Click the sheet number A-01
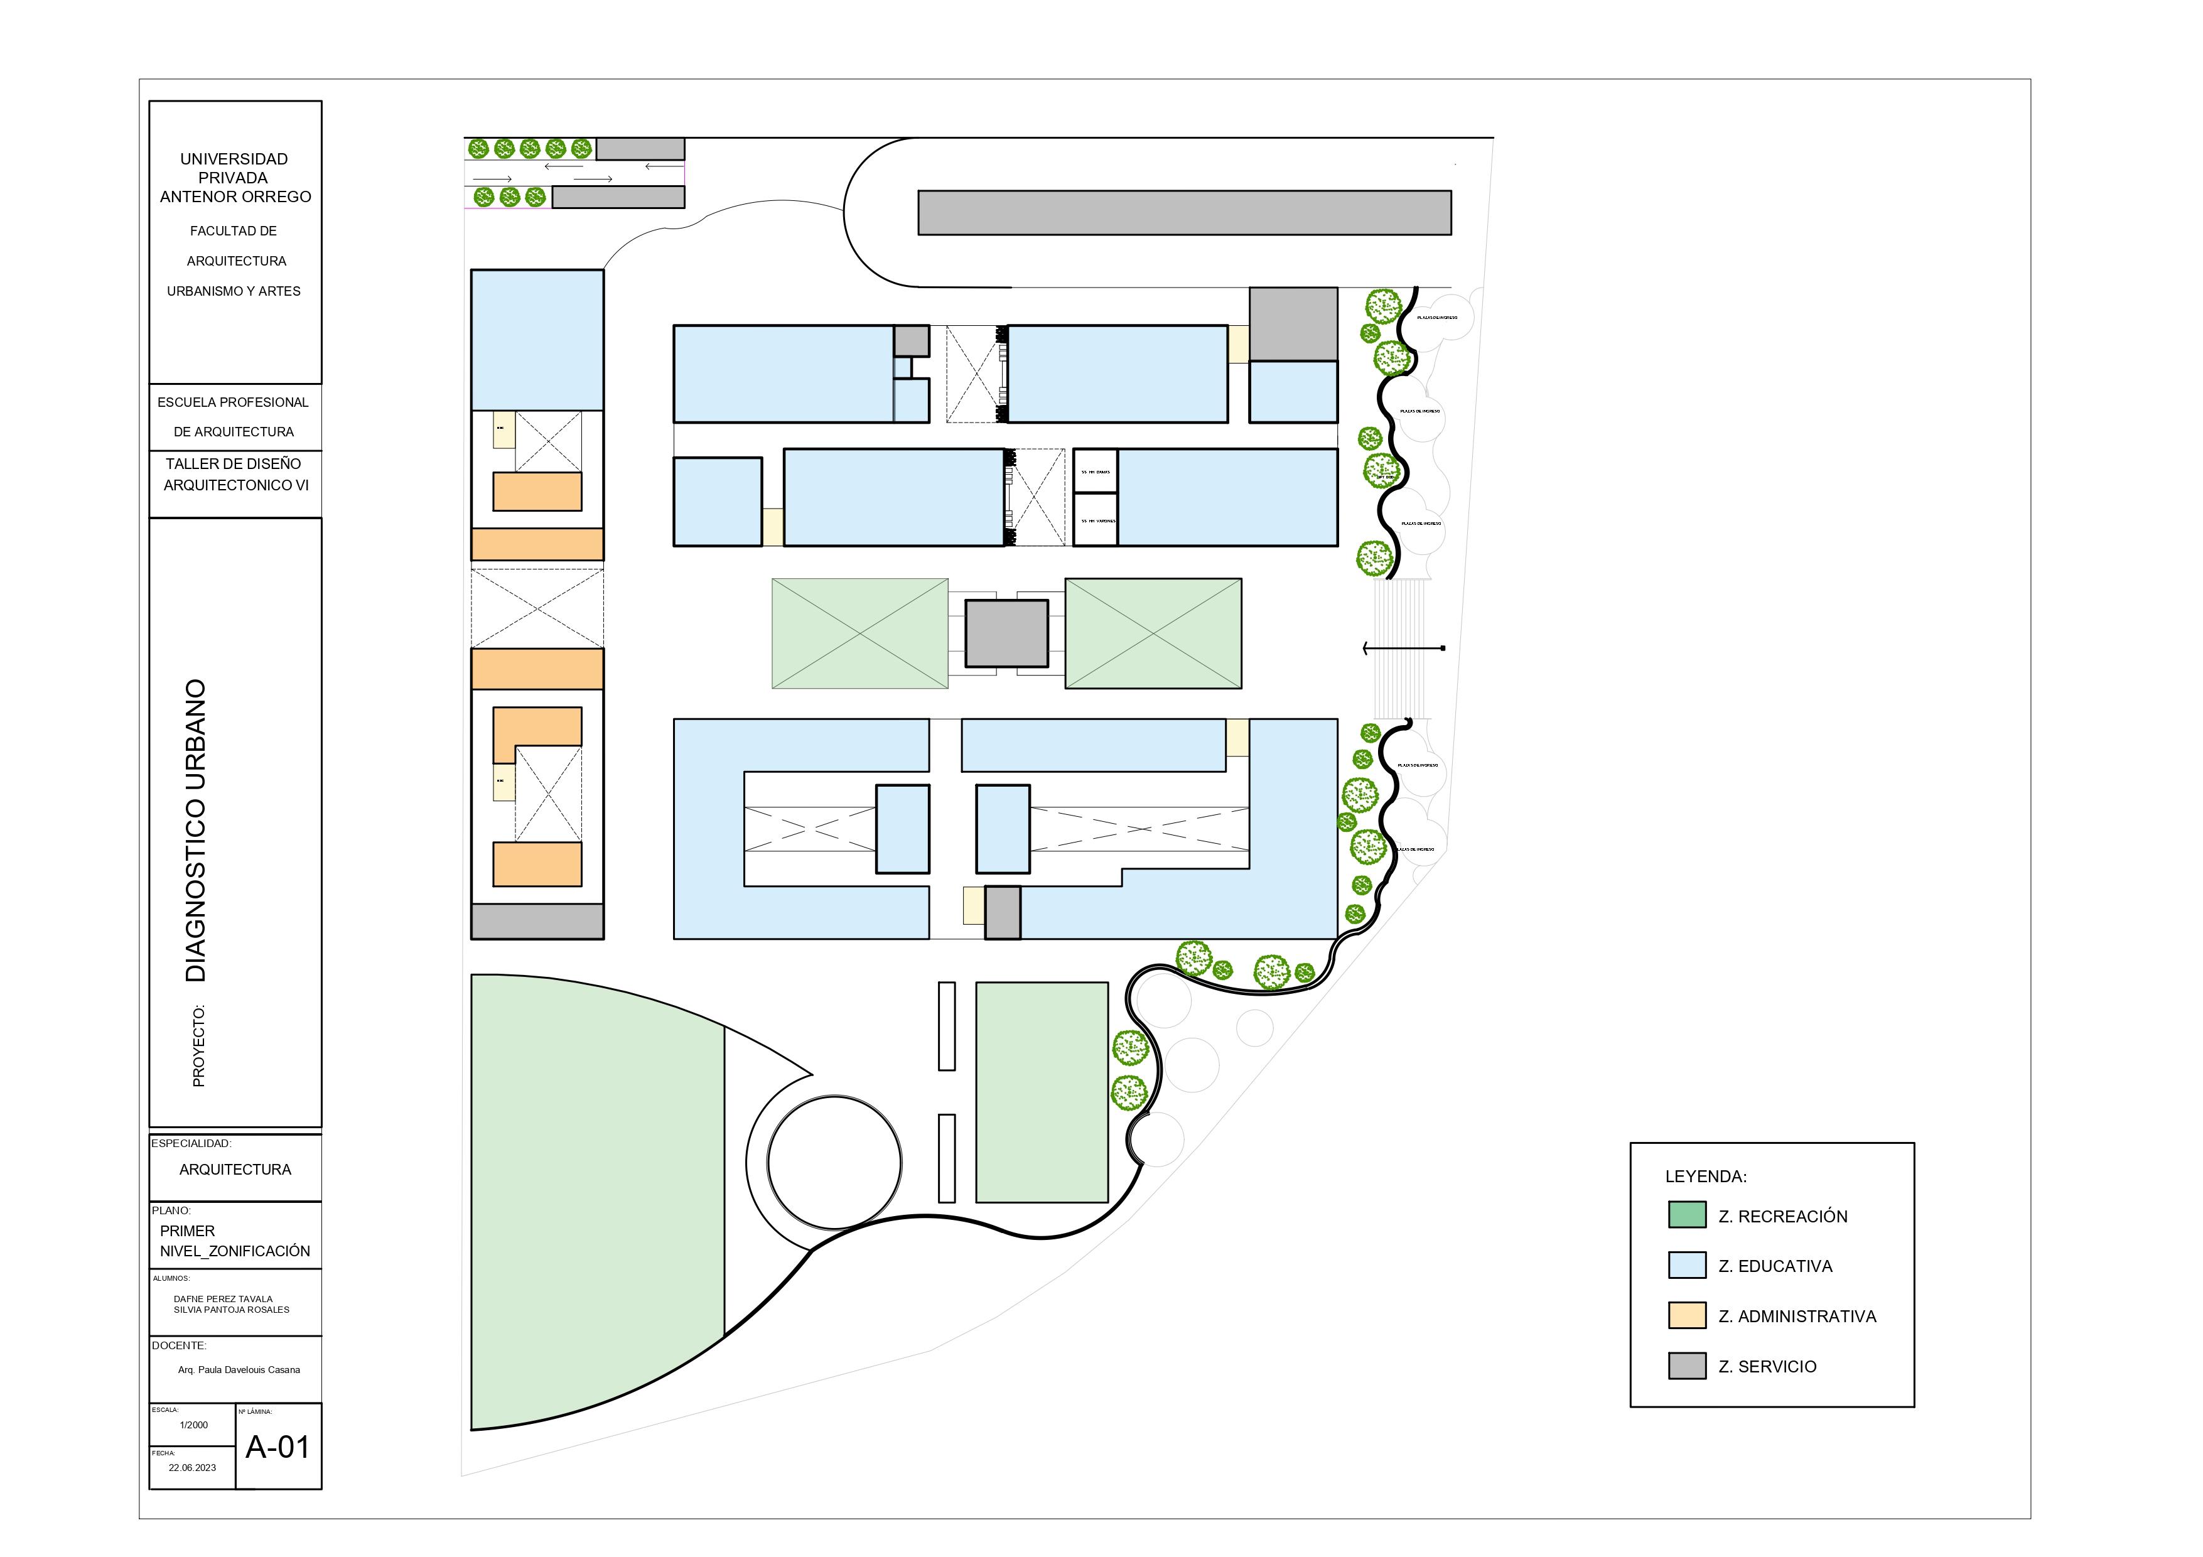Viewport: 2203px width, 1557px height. pyautogui.click(x=277, y=1446)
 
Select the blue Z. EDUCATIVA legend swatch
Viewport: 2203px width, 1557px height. pyautogui.click(x=1687, y=1264)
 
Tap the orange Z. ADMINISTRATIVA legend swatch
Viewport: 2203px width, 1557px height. pyautogui.click(x=1687, y=1315)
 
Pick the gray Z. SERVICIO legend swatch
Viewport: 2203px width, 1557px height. pyautogui.click(x=1687, y=1365)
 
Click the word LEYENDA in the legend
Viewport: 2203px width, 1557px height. pyautogui.click(x=1705, y=1176)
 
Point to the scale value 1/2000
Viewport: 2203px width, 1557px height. pyautogui.click(x=194, y=1425)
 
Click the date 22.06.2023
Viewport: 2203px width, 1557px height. pyautogui.click(x=192, y=1468)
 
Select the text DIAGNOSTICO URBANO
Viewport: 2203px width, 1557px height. pyautogui.click(x=196, y=831)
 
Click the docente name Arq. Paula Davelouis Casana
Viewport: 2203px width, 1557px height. pyautogui.click(x=239, y=1370)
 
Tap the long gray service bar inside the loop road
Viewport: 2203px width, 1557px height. pyautogui.click(x=1184, y=212)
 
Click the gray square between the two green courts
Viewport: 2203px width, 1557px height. pyautogui.click(x=1006, y=633)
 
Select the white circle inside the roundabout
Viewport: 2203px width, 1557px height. pyautogui.click(x=834, y=1161)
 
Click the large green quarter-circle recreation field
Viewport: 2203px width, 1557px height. pyautogui.click(x=595, y=1199)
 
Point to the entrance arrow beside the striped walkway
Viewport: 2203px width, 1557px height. pyautogui.click(x=1403, y=649)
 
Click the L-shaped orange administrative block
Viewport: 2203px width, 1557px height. pyautogui.click(x=523, y=729)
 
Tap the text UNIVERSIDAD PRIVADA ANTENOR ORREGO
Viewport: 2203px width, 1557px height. pyautogui.click(x=235, y=178)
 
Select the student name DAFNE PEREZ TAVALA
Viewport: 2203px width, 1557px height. pyautogui.click(x=223, y=1299)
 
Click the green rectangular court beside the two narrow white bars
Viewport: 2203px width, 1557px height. pyautogui.click(x=1041, y=1092)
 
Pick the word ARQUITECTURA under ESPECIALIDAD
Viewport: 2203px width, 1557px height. pyautogui.click(x=235, y=1170)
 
